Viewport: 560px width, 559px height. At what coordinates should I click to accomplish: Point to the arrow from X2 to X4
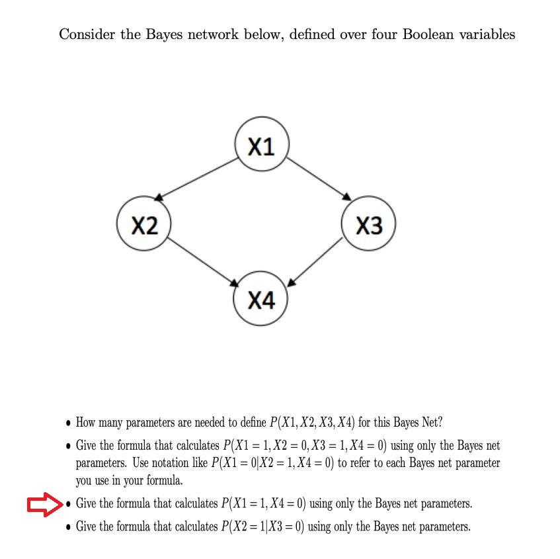[x=203, y=263]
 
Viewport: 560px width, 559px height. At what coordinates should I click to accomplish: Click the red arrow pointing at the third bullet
[x=44, y=505]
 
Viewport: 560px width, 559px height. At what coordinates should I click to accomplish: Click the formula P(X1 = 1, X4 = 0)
[x=264, y=503]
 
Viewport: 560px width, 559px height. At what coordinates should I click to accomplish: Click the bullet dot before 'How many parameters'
[x=68, y=423]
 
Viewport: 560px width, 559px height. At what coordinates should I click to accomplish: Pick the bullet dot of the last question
[x=68, y=527]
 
